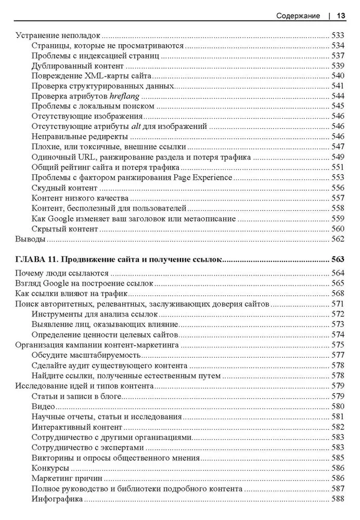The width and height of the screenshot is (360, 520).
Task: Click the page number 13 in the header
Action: pyautogui.click(x=341, y=16)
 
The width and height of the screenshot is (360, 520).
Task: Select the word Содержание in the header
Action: pyautogui.click(x=298, y=16)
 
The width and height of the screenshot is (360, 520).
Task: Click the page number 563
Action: pyautogui.click(x=338, y=258)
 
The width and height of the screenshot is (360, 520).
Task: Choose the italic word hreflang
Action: pyautogui.click(x=125, y=97)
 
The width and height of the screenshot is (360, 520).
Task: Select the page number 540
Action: pyautogui.click(x=338, y=76)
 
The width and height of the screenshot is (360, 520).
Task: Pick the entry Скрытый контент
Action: pyautogui.click(x=65, y=228)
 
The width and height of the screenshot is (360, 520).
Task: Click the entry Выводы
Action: pyautogui.click(x=30, y=239)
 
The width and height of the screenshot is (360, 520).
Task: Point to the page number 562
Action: pyautogui.click(x=338, y=239)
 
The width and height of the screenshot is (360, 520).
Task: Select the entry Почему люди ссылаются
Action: pyautogui.click(x=61, y=274)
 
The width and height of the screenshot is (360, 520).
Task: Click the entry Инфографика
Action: pyautogui.click(x=57, y=499)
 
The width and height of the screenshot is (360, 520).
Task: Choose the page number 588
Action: pyautogui.click(x=338, y=499)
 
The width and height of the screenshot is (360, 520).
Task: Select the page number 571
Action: pyautogui.click(x=338, y=304)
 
